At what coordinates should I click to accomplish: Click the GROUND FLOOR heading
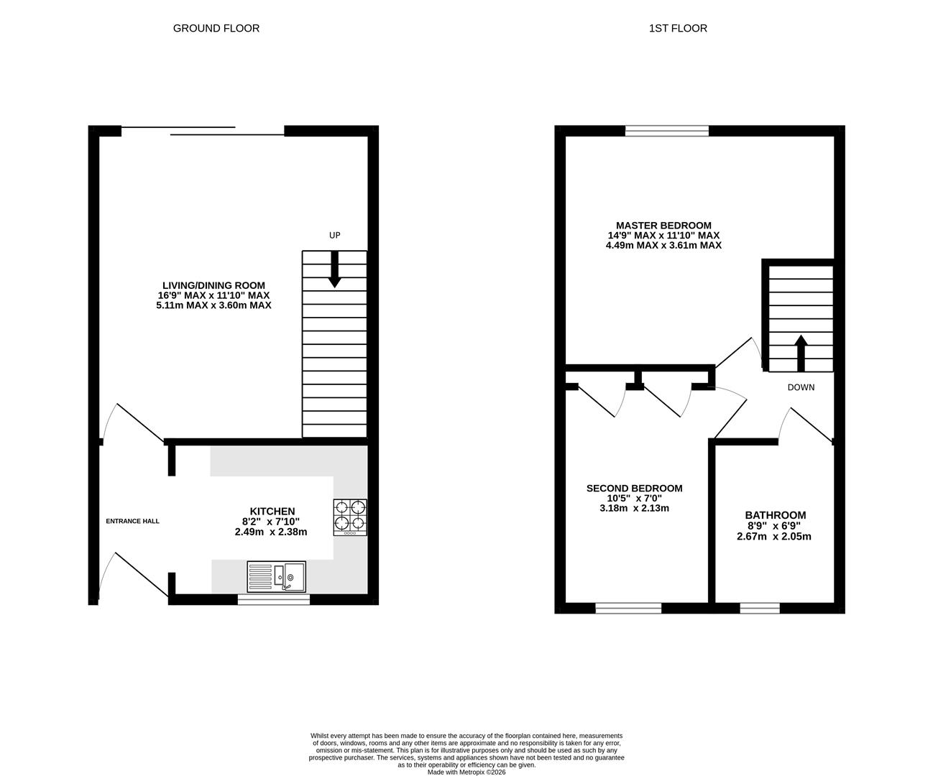pos(216,28)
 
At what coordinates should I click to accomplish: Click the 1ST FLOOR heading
pos(678,28)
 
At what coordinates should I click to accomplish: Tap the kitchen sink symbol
pos(276,576)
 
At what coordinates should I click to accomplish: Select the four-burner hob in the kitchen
pos(350,517)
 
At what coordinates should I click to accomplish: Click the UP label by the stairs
pos(334,236)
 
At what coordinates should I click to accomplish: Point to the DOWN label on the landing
pos(801,387)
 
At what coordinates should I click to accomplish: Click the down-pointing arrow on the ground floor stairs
pos(334,269)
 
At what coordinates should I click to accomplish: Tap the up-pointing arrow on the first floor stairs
pos(800,352)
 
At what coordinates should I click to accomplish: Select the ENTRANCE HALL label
pos(133,521)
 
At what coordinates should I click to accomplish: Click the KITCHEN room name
pos(272,511)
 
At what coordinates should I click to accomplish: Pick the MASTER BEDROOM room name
pos(663,225)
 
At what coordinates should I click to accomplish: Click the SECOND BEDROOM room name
pos(634,489)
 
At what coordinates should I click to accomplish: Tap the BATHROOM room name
pos(775,515)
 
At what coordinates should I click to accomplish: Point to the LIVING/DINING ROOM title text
pos(213,285)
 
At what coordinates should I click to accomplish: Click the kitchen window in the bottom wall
pos(273,599)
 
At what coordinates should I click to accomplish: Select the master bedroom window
pos(666,130)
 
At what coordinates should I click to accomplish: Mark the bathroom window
pos(759,608)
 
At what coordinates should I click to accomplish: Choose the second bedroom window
pos(628,608)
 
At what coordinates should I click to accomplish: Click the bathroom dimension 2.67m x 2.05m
pos(774,536)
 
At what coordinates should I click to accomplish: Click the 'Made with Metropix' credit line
pos(466,772)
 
